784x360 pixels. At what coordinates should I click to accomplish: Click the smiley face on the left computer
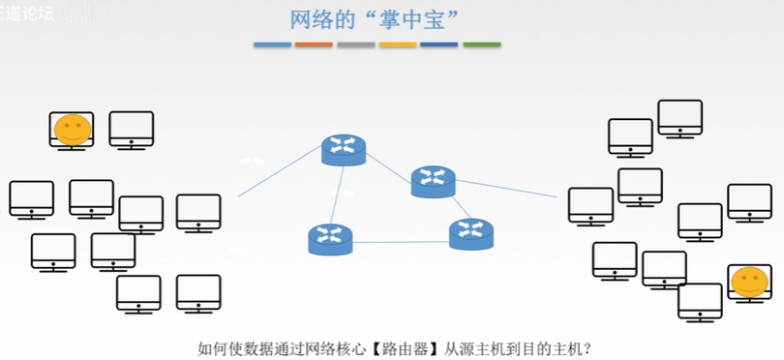(71, 128)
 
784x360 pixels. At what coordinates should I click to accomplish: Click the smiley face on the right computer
(748, 282)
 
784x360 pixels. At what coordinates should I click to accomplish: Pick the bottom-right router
(470, 233)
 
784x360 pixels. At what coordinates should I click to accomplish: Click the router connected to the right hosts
(433, 181)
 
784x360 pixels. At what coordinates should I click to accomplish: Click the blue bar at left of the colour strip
(273, 45)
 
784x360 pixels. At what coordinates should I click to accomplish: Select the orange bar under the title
(314, 45)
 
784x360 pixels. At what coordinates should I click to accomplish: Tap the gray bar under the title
(356, 45)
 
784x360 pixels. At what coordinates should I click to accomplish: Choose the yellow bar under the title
(398, 45)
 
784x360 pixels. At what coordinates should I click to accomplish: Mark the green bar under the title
(481, 45)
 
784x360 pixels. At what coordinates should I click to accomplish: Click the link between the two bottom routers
(401, 240)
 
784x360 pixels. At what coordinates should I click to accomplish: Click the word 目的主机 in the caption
(558, 347)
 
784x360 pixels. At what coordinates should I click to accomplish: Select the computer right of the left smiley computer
(131, 129)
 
